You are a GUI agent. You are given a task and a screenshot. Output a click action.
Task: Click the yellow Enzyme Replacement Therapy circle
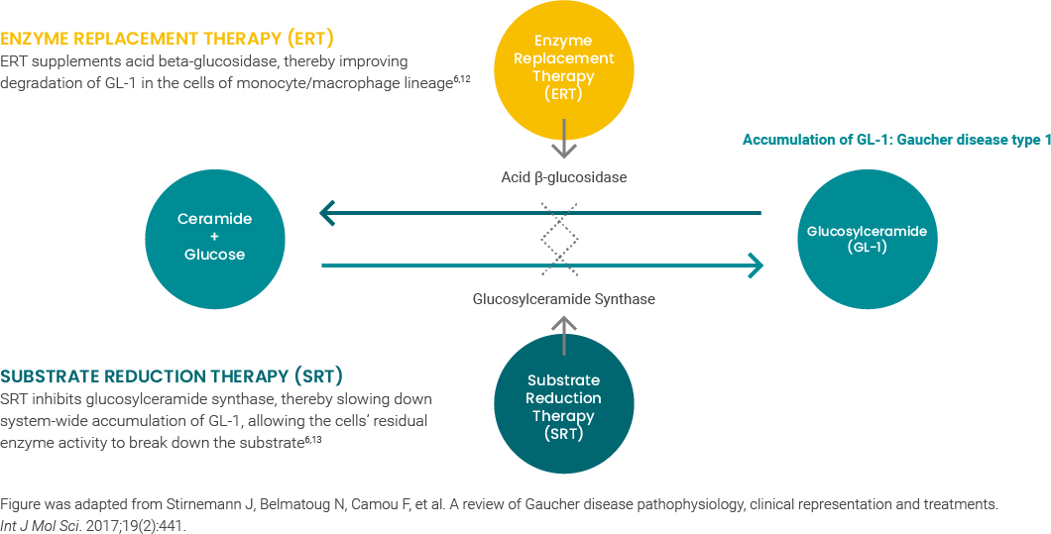[563, 67]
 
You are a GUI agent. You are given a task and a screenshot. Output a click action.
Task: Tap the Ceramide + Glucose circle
[214, 237]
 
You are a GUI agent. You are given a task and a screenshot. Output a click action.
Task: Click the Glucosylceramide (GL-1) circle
[866, 239]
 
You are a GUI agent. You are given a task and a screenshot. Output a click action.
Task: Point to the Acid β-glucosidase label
[563, 177]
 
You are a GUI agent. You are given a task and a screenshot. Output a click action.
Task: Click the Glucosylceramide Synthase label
[563, 298]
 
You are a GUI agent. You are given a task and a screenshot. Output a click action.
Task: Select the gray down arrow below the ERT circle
[563, 140]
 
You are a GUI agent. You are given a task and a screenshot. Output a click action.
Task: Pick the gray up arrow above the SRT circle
[563, 334]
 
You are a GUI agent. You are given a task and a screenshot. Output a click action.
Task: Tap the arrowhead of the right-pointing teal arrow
[756, 266]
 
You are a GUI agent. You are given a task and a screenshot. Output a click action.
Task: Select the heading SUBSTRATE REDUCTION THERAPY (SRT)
[171, 376]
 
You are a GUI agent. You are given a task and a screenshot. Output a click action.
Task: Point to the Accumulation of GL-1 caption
[894, 140]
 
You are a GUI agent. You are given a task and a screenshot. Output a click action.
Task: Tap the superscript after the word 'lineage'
[461, 79]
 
